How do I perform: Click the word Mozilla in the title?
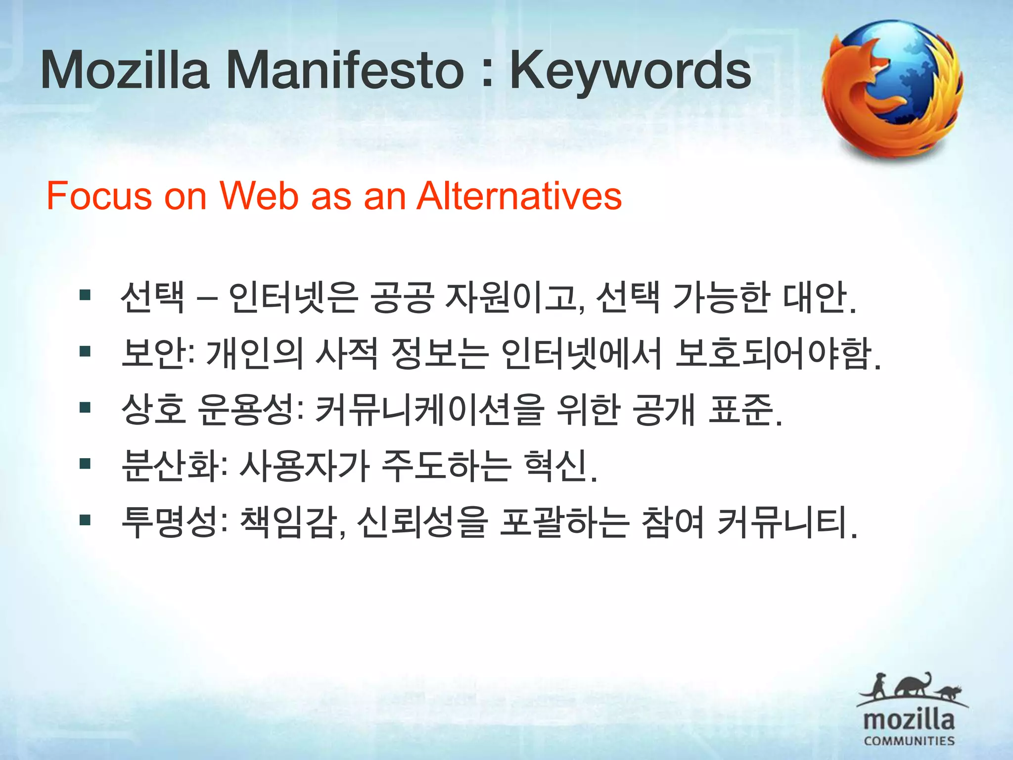click(125, 71)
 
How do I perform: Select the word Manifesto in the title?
click(345, 71)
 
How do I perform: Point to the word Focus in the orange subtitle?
click(99, 196)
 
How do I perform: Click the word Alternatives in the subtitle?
click(519, 196)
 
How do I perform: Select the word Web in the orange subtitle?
click(259, 196)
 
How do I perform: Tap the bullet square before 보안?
click(85, 352)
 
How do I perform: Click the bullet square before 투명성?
click(85, 521)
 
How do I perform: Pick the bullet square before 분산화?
click(85, 464)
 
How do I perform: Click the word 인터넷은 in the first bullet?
click(293, 297)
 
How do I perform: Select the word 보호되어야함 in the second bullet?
click(772, 354)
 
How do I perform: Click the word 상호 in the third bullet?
click(154, 410)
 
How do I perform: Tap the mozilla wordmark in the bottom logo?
click(909, 720)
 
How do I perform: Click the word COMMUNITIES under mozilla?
click(909, 741)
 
